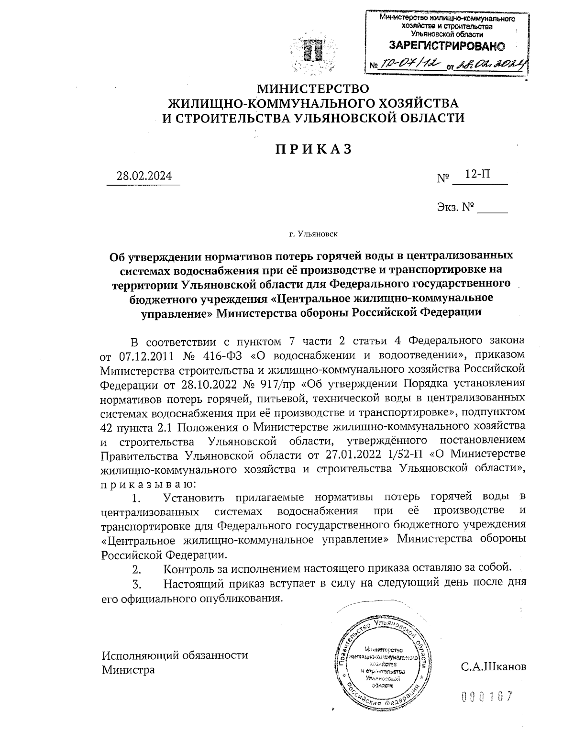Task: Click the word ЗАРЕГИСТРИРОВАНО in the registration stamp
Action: coord(447,46)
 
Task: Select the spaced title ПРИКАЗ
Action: coord(313,149)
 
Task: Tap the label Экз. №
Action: coord(455,207)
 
